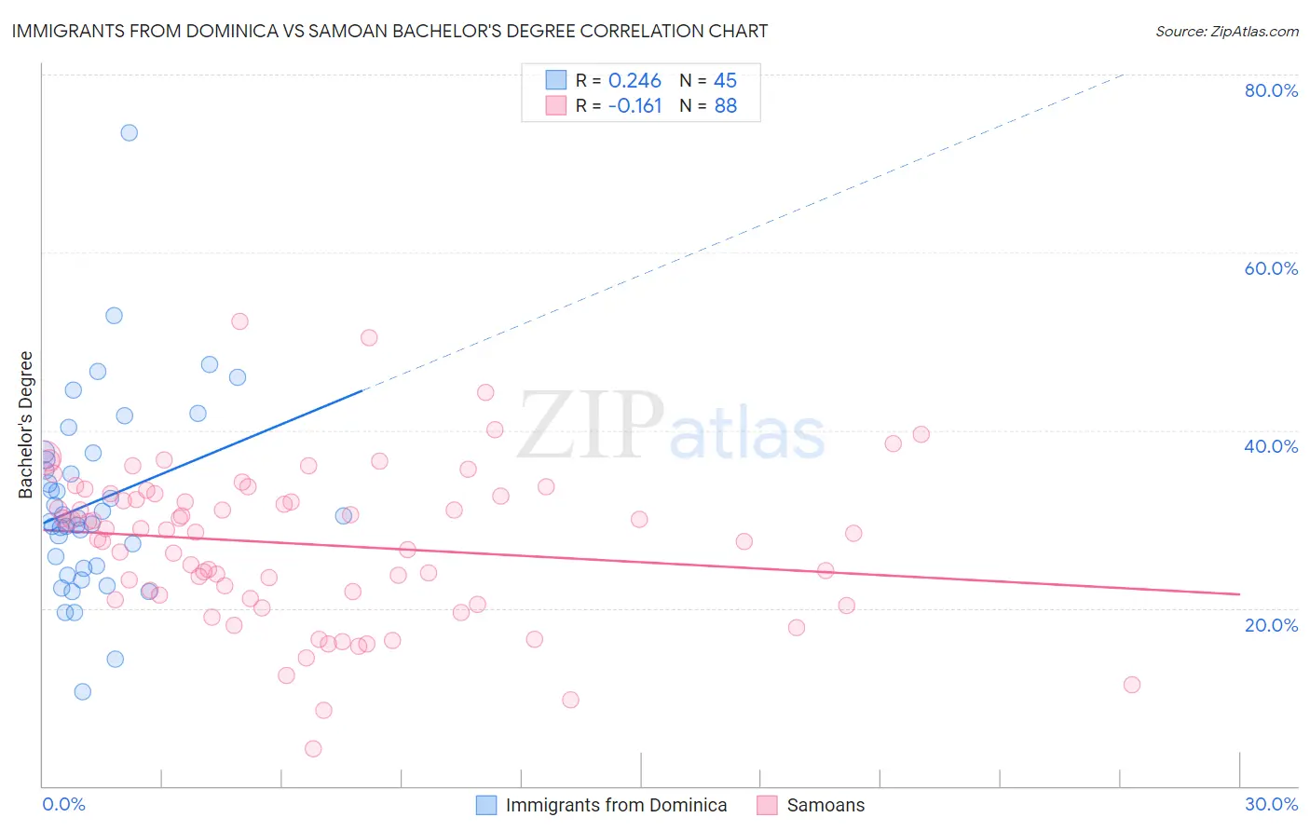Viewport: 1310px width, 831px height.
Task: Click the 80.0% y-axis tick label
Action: coord(1271,90)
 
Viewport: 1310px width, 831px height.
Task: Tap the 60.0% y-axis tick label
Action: coord(1271,268)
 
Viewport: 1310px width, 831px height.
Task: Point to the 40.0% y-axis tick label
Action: coord(1271,446)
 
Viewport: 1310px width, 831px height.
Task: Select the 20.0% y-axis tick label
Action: coord(1271,624)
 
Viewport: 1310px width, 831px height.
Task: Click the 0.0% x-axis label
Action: coord(63,804)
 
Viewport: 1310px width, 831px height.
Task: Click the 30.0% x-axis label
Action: coord(1271,804)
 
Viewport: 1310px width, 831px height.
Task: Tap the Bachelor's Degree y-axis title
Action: coord(26,425)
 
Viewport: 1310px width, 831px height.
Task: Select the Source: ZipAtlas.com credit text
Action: coord(1226,32)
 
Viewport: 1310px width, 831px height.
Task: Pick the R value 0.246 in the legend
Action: coord(635,80)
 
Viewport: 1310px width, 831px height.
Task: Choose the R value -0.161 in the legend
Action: coord(635,106)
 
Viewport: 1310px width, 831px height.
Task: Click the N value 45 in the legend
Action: coord(725,80)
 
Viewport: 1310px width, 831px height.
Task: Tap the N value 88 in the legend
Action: coord(725,106)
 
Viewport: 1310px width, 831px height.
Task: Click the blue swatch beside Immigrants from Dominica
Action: coord(486,805)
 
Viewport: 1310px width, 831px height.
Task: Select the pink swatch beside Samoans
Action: coord(767,805)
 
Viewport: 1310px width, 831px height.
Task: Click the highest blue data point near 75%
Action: coord(130,132)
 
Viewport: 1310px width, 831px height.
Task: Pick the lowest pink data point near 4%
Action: coord(313,749)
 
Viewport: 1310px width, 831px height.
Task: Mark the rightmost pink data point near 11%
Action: coord(1132,685)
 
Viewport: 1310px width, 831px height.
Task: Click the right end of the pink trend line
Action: coord(1239,593)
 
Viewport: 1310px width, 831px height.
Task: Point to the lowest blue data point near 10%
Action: coord(83,691)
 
